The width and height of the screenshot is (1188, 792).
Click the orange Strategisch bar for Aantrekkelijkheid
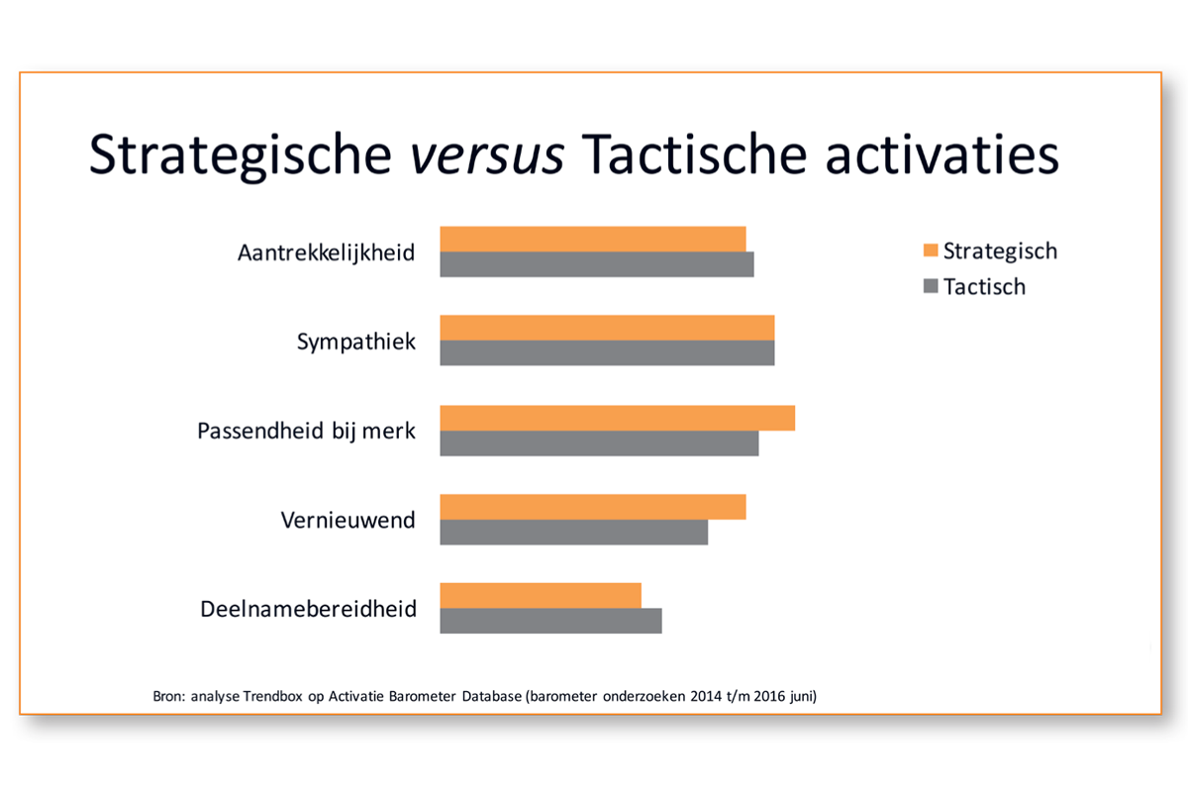click(x=593, y=240)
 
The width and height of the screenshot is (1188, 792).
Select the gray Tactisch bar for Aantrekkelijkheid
click(x=597, y=264)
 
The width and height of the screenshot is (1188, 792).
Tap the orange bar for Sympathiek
click(x=607, y=328)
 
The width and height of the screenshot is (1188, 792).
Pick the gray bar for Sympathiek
click(x=607, y=352)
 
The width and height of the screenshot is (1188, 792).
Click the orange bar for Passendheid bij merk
click(x=618, y=418)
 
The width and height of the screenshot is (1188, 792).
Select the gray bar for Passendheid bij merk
click(x=599, y=443)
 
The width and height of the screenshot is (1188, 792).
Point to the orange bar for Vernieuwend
click(x=593, y=507)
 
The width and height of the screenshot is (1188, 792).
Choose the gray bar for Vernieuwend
click(x=574, y=532)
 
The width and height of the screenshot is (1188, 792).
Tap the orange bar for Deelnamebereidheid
click(x=541, y=596)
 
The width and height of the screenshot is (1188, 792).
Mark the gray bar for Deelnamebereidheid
click(x=551, y=621)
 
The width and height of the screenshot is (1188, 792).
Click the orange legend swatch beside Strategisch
click(x=931, y=250)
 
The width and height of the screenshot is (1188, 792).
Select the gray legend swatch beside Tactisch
click(x=931, y=286)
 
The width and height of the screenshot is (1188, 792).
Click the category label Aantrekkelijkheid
click(x=326, y=253)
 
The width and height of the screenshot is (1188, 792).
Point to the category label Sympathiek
click(x=355, y=342)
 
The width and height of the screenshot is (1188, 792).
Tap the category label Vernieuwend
click(x=347, y=520)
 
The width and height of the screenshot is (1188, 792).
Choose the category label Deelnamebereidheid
click(x=308, y=609)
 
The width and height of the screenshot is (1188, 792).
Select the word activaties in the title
click(x=941, y=154)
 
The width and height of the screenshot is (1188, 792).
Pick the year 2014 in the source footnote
click(x=704, y=696)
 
